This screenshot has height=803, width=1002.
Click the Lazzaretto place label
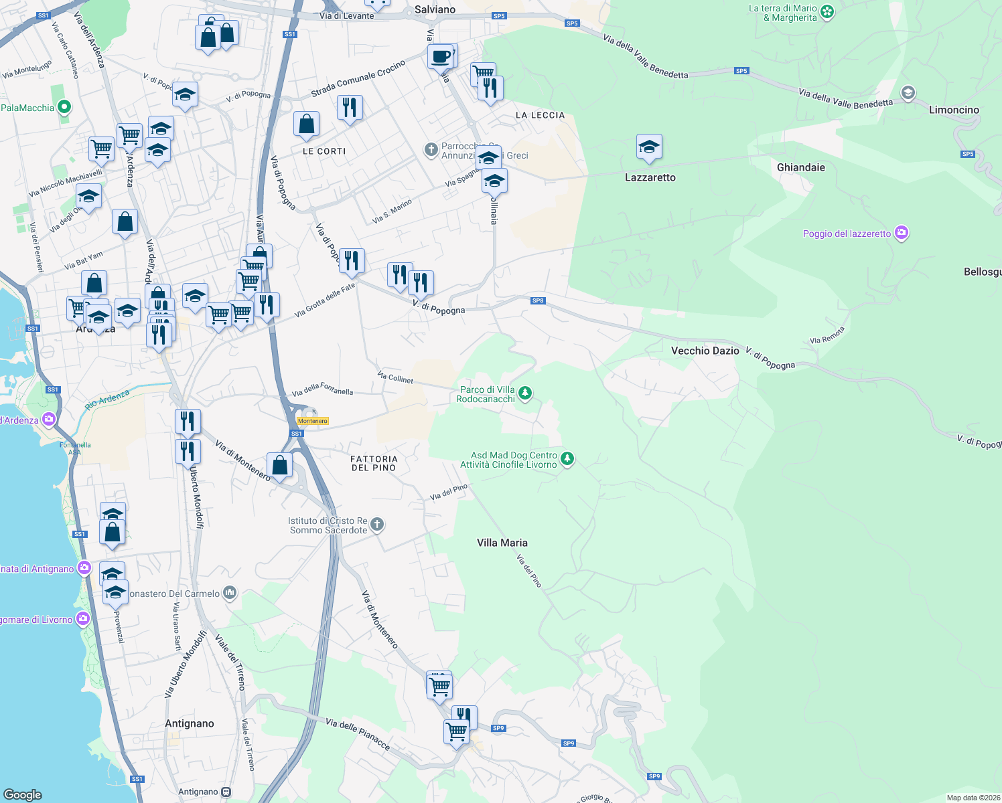point(650,177)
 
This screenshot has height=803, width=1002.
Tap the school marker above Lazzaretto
point(648,147)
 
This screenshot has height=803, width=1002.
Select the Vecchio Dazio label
point(705,351)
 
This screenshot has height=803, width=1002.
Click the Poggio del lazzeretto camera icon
point(902,233)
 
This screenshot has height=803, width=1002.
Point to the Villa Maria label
point(502,543)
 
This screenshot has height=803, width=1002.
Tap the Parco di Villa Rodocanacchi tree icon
point(525,393)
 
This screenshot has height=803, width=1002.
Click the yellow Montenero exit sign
point(313,421)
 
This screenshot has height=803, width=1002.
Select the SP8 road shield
point(538,300)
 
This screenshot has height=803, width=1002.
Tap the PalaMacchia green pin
point(64,107)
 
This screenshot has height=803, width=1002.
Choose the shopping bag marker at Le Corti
point(306,124)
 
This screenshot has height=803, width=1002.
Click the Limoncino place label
point(954,110)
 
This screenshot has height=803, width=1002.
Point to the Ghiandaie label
point(800,167)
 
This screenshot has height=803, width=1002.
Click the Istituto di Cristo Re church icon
point(377,525)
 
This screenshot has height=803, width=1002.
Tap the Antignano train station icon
point(226,792)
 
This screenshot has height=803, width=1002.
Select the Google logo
point(23,794)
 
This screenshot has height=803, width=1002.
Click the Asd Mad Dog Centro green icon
point(567,459)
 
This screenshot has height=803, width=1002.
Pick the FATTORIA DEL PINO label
point(374,463)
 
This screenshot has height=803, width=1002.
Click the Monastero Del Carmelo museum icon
point(230,592)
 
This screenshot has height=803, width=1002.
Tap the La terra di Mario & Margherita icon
point(827,11)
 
